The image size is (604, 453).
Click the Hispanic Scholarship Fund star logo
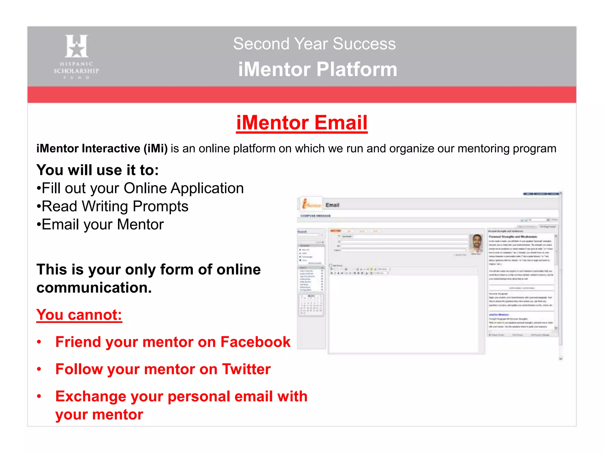click(76, 46)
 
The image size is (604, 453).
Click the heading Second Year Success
click(314, 44)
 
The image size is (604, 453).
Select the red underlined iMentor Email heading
click(302, 123)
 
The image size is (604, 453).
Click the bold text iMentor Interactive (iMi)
click(102, 148)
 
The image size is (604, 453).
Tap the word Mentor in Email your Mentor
click(140, 224)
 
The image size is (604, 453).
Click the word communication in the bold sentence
click(94, 288)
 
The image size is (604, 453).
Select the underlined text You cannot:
click(79, 315)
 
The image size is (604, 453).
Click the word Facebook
click(255, 342)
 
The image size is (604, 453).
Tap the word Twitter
click(246, 369)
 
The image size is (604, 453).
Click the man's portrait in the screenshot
click(476, 243)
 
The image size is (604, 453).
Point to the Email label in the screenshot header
click(332, 205)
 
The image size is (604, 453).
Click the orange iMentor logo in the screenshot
click(310, 204)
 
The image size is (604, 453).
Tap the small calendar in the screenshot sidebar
click(311, 305)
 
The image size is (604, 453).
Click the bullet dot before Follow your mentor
click(39, 369)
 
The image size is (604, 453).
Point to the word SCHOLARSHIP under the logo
click(76, 71)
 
